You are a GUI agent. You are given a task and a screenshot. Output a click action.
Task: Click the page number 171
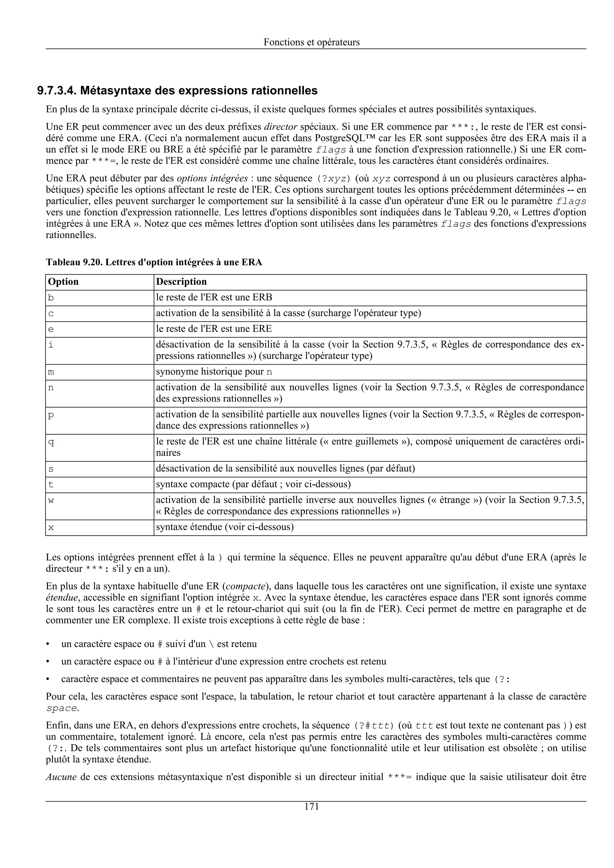311,807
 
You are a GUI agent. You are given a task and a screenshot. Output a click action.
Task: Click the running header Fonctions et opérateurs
311,42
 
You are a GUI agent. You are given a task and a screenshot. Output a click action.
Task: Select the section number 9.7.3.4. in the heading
57,91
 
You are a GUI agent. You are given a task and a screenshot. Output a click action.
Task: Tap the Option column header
63,282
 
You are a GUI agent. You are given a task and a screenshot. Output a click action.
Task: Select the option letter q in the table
51,442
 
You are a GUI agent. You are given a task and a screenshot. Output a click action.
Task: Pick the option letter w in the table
51,500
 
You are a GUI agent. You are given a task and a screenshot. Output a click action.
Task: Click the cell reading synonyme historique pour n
214,372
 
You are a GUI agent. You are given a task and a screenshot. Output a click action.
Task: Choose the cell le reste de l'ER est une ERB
214,297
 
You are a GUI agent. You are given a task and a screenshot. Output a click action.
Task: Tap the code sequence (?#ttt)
373,726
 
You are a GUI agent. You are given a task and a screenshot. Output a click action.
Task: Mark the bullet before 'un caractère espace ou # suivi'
48,644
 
